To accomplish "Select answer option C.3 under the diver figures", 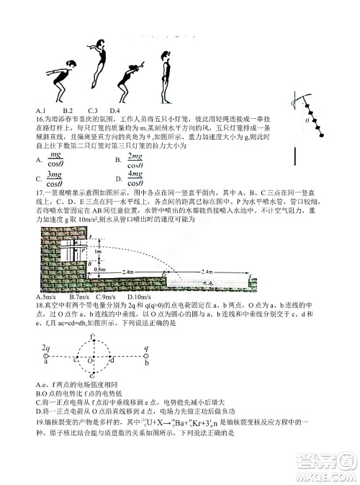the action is point(92,110).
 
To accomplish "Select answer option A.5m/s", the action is point(45,297).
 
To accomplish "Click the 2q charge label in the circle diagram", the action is point(46,347).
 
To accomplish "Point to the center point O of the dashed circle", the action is point(90,360).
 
